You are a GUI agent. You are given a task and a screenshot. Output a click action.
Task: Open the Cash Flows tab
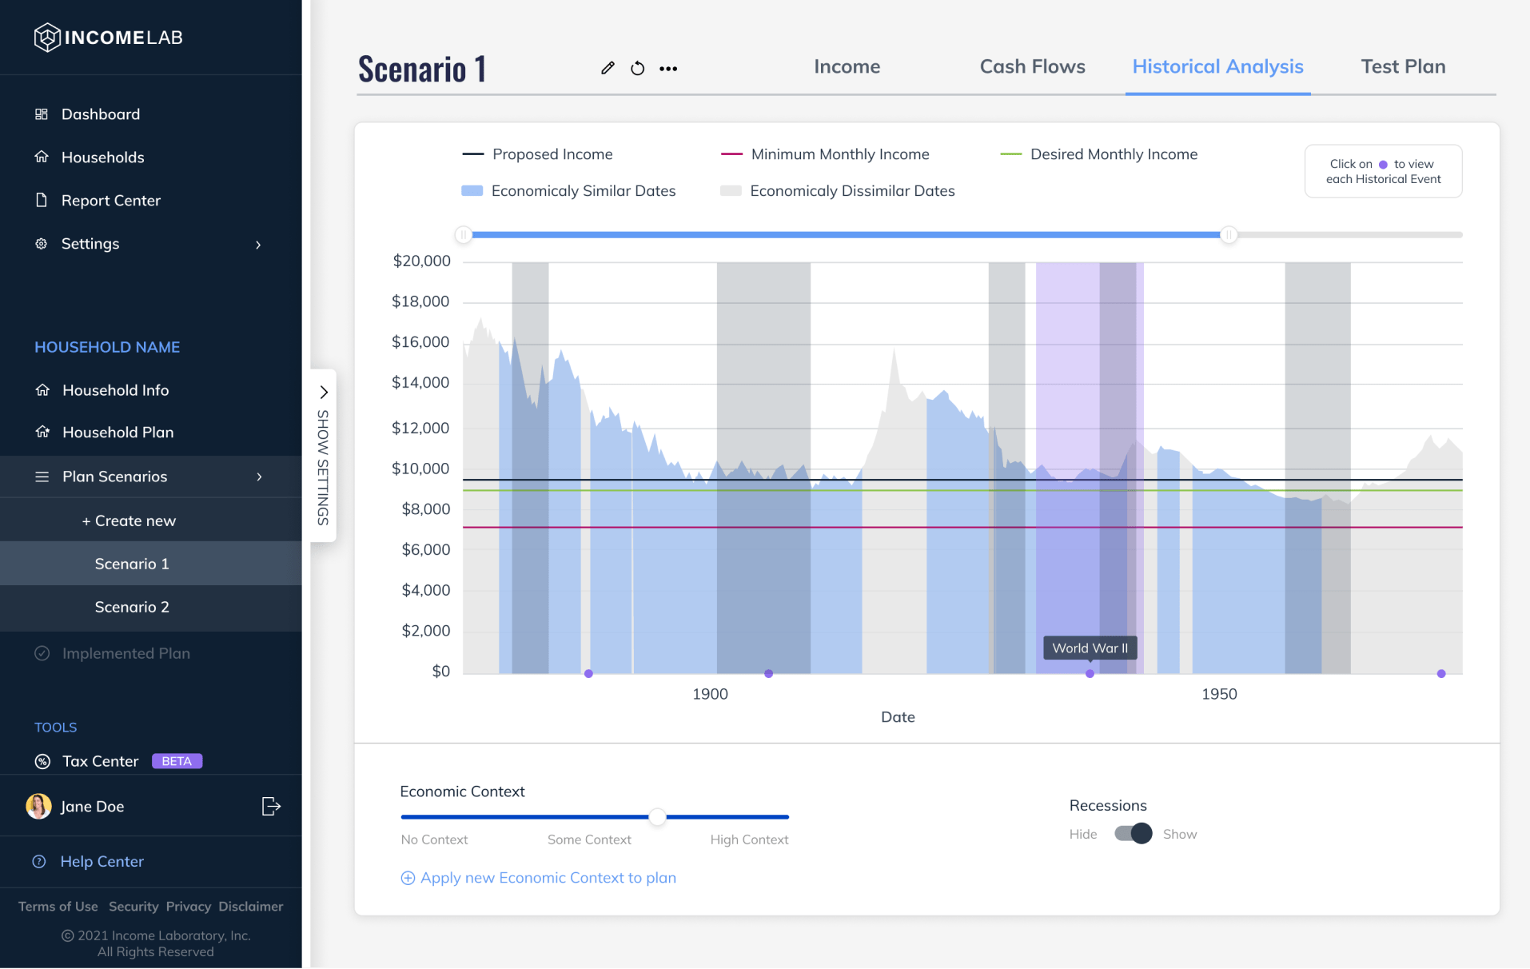click(1032, 66)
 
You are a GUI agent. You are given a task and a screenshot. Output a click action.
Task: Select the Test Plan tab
click(1403, 66)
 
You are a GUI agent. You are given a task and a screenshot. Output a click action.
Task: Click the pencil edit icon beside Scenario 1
click(608, 68)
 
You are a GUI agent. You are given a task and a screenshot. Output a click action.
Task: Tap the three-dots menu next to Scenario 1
click(668, 69)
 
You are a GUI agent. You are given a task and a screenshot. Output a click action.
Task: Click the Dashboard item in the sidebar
click(100, 114)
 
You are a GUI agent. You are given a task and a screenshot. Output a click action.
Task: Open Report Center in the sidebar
click(110, 201)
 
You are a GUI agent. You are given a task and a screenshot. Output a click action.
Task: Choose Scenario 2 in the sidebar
click(132, 607)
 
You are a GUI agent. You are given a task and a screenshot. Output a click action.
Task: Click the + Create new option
click(129, 520)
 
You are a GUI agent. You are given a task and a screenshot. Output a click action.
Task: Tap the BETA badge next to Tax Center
click(177, 761)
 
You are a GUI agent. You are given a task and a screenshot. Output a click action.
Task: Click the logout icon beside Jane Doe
click(271, 806)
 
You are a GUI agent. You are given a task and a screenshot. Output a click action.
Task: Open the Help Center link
click(102, 861)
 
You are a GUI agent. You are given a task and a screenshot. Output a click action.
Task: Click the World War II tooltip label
click(1090, 648)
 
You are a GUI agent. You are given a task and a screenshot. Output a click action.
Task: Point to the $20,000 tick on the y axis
click(421, 261)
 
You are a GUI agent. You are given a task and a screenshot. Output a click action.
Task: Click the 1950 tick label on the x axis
click(1219, 694)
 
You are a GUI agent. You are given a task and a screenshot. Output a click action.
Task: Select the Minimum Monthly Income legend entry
click(839, 154)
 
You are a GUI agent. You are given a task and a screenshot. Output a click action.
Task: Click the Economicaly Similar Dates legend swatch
click(472, 191)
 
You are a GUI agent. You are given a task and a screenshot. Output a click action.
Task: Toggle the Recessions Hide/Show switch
click(1133, 834)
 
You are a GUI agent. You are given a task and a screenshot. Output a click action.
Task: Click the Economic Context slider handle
click(657, 816)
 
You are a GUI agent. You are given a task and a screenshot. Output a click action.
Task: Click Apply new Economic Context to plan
click(548, 878)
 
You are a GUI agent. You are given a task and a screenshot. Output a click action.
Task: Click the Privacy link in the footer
click(188, 907)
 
